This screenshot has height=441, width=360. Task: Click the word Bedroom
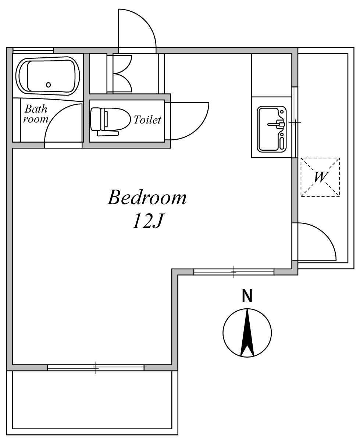click(x=147, y=197)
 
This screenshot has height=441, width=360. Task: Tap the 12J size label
click(x=148, y=221)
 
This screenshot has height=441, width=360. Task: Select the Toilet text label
click(x=147, y=120)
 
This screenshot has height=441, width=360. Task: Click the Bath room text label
click(x=36, y=114)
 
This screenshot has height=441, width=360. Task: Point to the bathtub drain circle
click(x=48, y=85)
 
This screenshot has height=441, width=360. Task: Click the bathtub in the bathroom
click(x=48, y=76)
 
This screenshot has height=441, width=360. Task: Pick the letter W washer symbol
click(x=320, y=177)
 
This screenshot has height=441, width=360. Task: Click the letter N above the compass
click(x=247, y=296)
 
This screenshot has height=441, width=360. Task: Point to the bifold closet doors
click(x=122, y=73)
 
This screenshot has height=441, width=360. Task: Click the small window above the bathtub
click(x=33, y=50)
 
